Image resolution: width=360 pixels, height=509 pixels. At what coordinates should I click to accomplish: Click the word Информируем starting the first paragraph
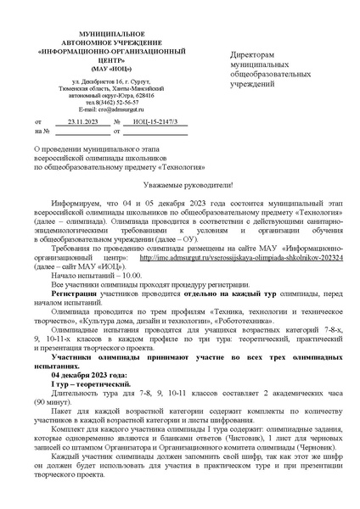pos(74,204)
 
